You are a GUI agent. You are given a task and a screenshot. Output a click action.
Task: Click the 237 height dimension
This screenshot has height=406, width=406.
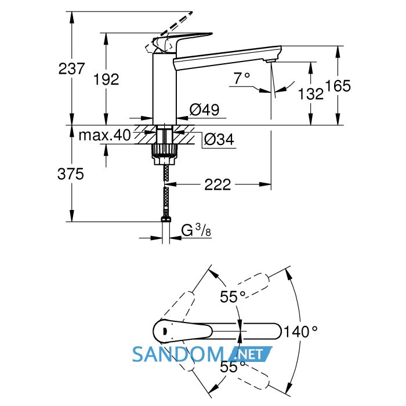71,69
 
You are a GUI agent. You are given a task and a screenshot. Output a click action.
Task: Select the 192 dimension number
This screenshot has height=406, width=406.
106,79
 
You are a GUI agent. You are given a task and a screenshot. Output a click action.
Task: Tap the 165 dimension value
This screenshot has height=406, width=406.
338,86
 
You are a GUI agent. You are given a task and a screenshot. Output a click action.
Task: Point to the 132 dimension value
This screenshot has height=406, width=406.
311,94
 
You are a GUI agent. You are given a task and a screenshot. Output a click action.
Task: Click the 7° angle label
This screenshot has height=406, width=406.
242,78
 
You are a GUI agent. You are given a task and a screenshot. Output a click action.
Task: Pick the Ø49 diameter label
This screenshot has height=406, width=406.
204,110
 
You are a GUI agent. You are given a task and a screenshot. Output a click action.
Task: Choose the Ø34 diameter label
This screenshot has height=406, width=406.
219,140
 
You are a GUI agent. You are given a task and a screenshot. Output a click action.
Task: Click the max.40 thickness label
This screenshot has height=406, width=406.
104,135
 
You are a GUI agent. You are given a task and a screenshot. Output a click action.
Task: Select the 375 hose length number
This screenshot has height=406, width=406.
71,174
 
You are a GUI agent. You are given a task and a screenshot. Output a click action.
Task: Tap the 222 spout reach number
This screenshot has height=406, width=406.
217,184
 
